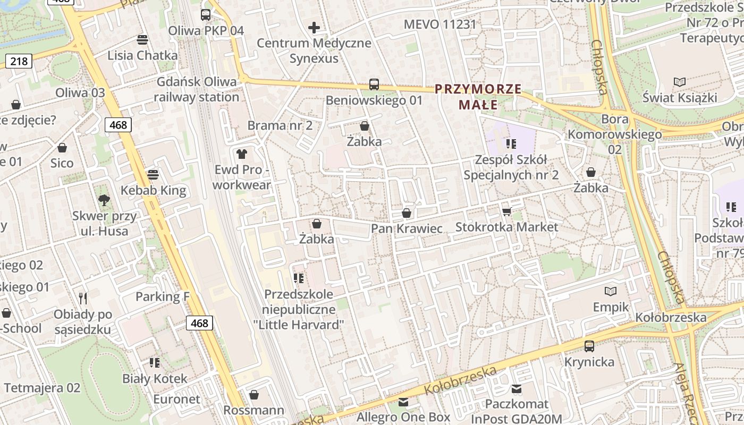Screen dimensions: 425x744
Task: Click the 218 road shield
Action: pyautogui.click(x=19, y=61)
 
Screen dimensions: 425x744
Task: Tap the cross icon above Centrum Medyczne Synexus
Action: pyautogui.click(x=314, y=27)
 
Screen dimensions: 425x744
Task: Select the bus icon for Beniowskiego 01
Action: pyautogui.click(x=374, y=84)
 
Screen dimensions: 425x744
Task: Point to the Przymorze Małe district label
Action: pyautogui.click(x=478, y=97)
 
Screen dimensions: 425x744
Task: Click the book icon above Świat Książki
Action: pyautogui.click(x=679, y=82)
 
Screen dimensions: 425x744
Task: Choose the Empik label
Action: pyautogui.click(x=611, y=307)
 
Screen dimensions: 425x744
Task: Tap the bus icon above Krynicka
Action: pyautogui.click(x=589, y=346)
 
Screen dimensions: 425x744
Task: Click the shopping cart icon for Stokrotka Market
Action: pyautogui.click(x=506, y=211)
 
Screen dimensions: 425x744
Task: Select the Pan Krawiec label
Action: pyautogui.click(x=407, y=228)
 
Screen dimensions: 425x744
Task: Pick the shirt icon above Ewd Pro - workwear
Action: pyautogui.click(x=242, y=154)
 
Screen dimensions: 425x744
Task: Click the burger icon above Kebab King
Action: pyautogui.click(x=153, y=175)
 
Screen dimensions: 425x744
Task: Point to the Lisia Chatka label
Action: pyautogui.click(x=142, y=55)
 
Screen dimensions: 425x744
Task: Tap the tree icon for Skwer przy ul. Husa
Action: pyautogui.click(x=104, y=200)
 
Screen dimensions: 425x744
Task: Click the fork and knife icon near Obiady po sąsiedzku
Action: pyautogui.click(x=82, y=298)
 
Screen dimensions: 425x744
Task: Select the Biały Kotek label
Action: pyautogui.click(x=155, y=379)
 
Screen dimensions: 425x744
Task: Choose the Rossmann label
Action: pyautogui.click(x=253, y=410)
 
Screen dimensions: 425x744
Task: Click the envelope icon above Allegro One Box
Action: pyautogui.click(x=403, y=402)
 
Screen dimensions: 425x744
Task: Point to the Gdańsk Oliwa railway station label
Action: pyautogui.click(x=197, y=89)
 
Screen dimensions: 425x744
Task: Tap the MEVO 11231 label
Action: pyautogui.click(x=440, y=24)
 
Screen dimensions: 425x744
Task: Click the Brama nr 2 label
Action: pyautogui.click(x=280, y=125)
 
